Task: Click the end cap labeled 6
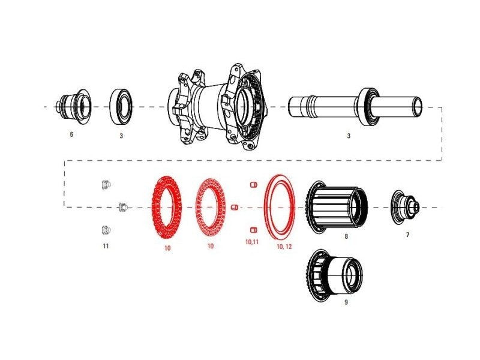pos(72,106)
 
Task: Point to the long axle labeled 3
pos(354,107)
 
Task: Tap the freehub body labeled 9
pos(335,273)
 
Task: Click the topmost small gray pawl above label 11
pos(105,184)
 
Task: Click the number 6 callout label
pos(71,134)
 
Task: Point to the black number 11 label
pos(106,246)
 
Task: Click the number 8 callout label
pos(346,237)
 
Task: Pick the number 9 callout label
pos(346,303)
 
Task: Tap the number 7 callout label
pos(407,235)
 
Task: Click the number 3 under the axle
pos(349,136)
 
